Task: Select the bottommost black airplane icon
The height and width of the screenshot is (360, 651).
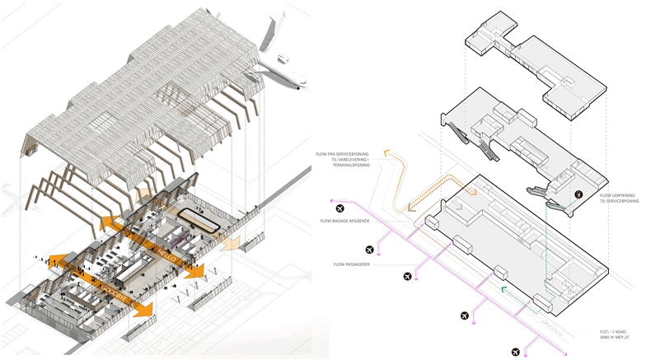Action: pos(516,352)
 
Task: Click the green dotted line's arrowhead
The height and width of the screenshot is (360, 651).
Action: pos(503,290)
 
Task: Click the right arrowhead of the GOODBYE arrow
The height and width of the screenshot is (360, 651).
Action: pos(149,310)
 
